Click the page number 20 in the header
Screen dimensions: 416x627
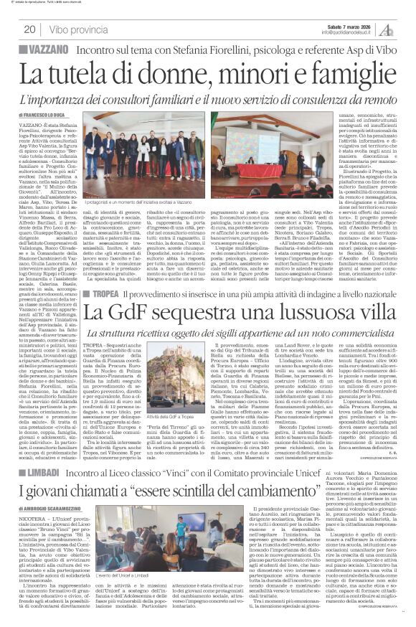30,29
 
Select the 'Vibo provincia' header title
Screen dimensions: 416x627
80,29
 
